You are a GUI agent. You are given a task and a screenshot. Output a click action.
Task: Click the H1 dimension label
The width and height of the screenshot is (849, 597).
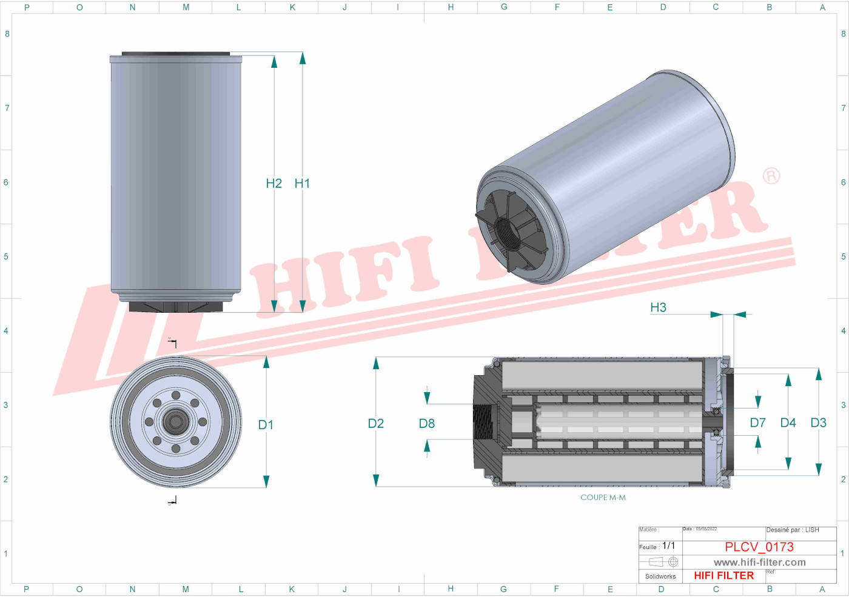click(x=302, y=183)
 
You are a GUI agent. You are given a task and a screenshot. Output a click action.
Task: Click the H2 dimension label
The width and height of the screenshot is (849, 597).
click(x=273, y=183)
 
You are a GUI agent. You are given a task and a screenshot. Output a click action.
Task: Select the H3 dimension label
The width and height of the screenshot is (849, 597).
click(x=658, y=307)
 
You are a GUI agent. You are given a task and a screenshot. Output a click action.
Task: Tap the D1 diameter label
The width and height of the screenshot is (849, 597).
click(x=266, y=425)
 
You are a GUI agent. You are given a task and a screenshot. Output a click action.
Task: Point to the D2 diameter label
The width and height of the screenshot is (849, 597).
click(x=376, y=424)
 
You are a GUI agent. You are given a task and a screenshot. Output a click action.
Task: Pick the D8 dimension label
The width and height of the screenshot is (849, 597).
click(x=427, y=424)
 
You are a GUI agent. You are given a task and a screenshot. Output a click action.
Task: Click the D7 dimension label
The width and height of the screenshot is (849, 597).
click(x=757, y=422)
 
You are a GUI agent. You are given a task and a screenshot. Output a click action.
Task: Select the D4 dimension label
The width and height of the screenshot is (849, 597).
click(x=788, y=422)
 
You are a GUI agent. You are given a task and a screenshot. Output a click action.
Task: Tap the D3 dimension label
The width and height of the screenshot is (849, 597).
click(x=818, y=422)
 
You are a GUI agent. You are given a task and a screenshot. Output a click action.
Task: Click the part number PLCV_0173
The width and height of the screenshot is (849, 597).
click(x=759, y=547)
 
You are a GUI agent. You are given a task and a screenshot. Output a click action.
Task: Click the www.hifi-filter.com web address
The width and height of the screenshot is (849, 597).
click(x=759, y=562)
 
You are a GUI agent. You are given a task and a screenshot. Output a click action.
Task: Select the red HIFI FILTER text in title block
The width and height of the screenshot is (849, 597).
click(x=723, y=576)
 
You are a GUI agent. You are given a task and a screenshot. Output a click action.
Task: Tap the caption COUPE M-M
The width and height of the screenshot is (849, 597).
click(x=603, y=498)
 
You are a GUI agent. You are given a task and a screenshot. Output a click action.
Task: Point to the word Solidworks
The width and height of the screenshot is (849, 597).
click(x=660, y=576)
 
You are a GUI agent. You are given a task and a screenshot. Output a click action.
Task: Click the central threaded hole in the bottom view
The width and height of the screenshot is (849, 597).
click(x=176, y=421)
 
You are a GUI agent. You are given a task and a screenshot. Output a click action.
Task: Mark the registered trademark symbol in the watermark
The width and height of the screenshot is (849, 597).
click(x=771, y=176)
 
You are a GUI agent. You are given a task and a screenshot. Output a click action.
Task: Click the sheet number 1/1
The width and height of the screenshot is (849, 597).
click(x=668, y=545)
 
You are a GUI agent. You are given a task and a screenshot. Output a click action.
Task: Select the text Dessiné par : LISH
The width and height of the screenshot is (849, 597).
click(x=792, y=530)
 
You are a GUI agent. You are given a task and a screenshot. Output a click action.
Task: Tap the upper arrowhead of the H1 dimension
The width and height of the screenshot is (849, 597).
click(x=302, y=58)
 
